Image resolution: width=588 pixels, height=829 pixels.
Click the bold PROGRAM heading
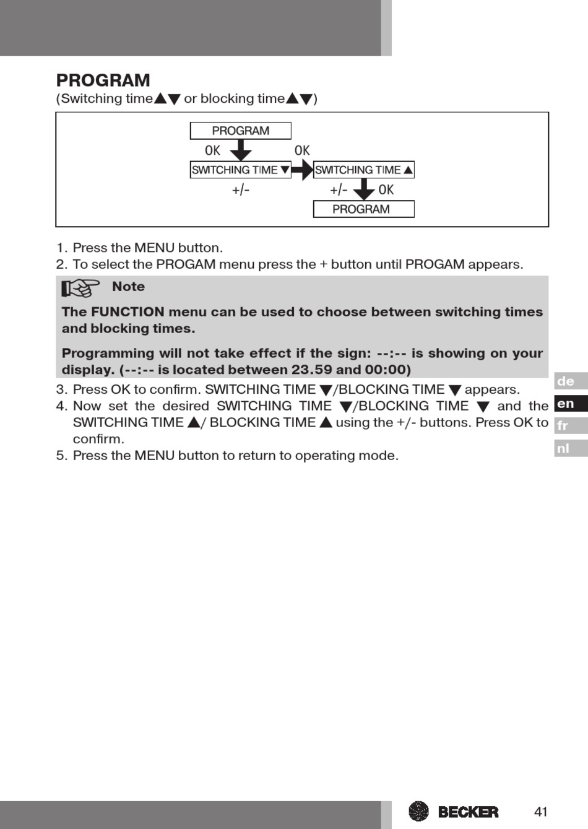click(x=103, y=80)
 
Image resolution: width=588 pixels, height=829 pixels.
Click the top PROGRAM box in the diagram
click(x=240, y=131)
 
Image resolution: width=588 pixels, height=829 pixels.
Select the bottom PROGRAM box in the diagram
click(x=363, y=209)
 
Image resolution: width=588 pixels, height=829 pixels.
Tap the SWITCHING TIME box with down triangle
click(x=240, y=170)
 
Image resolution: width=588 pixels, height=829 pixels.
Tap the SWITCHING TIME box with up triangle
click(x=363, y=170)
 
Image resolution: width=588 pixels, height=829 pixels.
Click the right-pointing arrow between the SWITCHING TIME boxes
click(x=302, y=170)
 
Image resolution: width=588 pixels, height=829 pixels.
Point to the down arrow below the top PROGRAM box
click(x=240, y=150)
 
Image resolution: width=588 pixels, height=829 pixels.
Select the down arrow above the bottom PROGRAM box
click(x=363, y=189)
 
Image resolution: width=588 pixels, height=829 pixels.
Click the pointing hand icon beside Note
click(x=80, y=288)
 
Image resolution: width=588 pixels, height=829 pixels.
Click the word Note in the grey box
click(x=128, y=287)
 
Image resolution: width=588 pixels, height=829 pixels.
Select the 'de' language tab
click(x=570, y=381)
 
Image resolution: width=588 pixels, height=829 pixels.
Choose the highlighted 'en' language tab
click(x=570, y=404)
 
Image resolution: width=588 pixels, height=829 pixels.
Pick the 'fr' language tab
click(x=570, y=426)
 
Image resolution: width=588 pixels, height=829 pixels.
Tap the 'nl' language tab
click(x=570, y=448)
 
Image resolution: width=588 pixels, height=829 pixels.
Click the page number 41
click(x=541, y=811)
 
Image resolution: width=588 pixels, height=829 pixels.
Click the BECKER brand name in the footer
click(x=468, y=812)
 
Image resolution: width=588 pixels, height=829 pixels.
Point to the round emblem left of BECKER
click(x=419, y=811)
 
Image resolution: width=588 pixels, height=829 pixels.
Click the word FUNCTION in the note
click(x=128, y=312)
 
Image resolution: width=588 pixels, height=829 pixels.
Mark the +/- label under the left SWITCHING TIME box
click(x=241, y=189)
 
